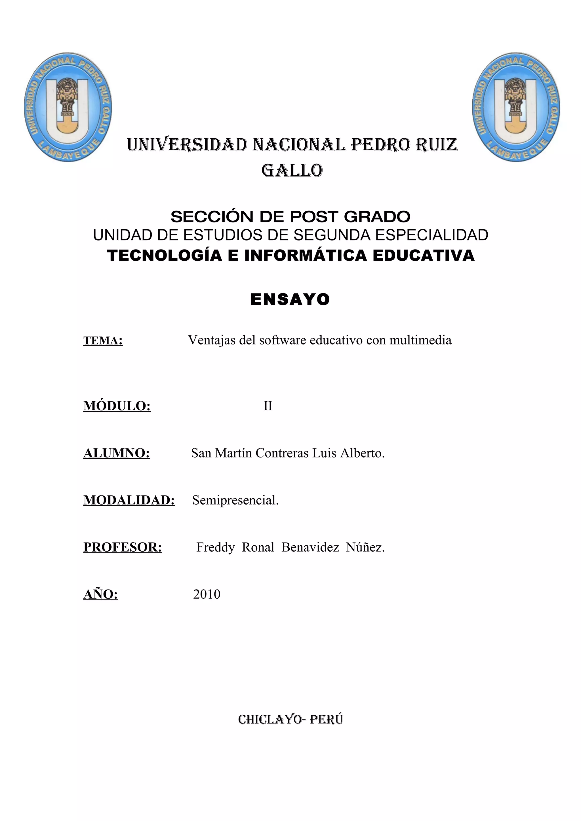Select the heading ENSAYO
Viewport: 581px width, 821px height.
point(290,299)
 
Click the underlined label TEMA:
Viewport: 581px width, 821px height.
point(103,341)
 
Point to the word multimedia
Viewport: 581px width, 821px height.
point(420,340)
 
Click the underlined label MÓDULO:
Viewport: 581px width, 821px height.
point(117,406)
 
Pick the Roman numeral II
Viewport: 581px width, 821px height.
point(268,406)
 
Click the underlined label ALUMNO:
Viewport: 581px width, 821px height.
point(117,453)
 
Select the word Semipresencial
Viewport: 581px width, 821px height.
point(235,500)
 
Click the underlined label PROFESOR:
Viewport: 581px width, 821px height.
point(123,547)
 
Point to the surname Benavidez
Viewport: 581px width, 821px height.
point(310,547)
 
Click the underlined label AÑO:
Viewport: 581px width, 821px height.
point(101,594)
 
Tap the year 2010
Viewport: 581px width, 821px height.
point(207,594)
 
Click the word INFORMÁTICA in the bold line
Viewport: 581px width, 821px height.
point(306,255)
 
